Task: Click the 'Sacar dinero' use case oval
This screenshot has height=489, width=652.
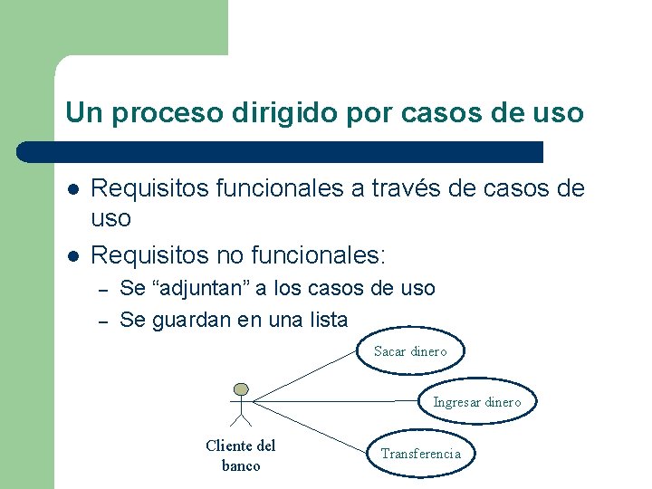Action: coord(410,351)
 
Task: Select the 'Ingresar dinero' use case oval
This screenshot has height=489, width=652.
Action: coord(476,402)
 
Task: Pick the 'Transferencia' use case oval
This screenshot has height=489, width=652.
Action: coord(420,454)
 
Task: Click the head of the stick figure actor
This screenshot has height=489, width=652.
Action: coord(240,388)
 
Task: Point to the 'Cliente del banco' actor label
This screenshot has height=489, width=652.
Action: coord(241,455)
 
